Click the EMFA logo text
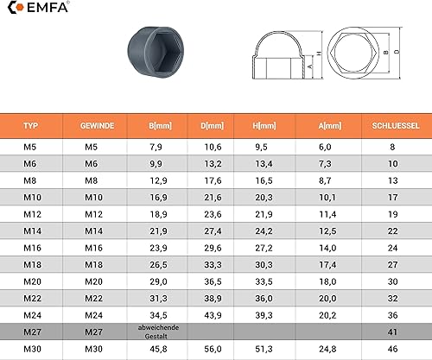(48, 8)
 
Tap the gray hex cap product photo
(156, 52)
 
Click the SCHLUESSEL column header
(396, 126)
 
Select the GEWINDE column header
(97, 126)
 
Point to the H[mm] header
(264, 126)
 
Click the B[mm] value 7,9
(156, 147)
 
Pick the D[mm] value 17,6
(213, 180)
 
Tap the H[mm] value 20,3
(264, 198)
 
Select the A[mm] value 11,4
(327, 214)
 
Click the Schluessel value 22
(392, 231)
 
